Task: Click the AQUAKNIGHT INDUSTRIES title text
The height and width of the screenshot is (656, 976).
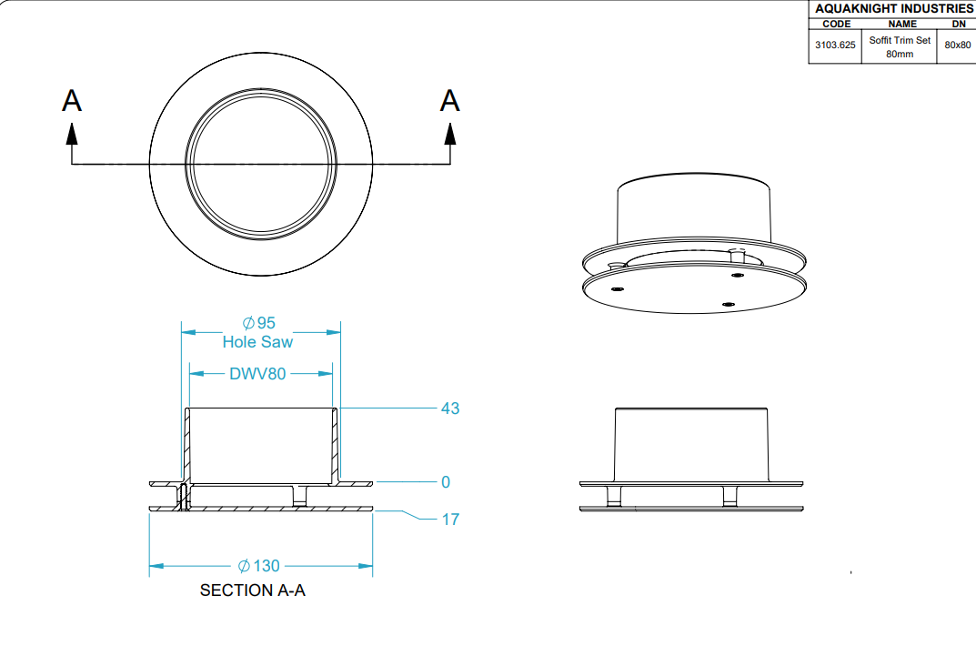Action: [x=894, y=9]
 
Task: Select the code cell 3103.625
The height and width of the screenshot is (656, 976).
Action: [x=835, y=45]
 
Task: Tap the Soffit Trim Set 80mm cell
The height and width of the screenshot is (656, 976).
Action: [x=900, y=46]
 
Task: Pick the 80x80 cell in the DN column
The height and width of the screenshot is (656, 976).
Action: [x=957, y=45]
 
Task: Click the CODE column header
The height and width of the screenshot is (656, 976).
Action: [x=836, y=24]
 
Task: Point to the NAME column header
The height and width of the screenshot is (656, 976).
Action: [x=902, y=24]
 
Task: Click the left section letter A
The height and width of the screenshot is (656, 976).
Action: [x=72, y=100]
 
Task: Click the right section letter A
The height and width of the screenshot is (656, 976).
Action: [x=449, y=100]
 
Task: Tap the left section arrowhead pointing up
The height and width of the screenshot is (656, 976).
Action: [x=72, y=134]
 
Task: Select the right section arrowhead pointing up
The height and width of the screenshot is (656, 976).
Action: [x=450, y=134]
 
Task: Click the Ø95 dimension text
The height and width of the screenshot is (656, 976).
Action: [x=258, y=323]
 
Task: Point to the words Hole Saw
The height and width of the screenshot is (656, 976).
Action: [x=257, y=342]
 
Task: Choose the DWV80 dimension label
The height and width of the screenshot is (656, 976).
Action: [x=257, y=373]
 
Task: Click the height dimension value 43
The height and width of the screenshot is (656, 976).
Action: [x=450, y=409]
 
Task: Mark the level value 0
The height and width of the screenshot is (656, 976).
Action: [x=446, y=482]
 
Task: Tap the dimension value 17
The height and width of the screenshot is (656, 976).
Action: [x=450, y=520]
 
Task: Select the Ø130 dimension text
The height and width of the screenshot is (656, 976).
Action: [x=259, y=566]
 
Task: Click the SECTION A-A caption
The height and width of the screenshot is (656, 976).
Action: [x=253, y=590]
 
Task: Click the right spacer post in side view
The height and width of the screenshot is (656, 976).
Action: [x=730, y=496]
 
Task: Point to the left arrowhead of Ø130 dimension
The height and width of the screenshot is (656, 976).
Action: [x=156, y=566]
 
